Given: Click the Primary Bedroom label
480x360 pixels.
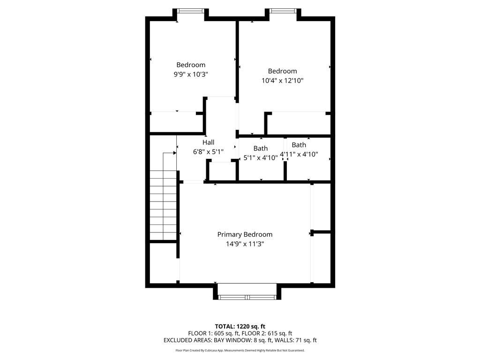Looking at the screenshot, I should pyautogui.click(x=245, y=234).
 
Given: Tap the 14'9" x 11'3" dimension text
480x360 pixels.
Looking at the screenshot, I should pyautogui.click(x=245, y=244).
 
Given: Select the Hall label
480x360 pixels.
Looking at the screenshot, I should pyautogui.click(x=209, y=142).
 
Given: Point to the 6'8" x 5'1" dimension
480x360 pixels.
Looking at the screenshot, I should pyautogui.click(x=209, y=152).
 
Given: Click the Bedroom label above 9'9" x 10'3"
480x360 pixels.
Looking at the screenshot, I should pyautogui.click(x=191, y=65).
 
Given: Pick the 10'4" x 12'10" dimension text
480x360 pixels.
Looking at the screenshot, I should pyautogui.click(x=283, y=81).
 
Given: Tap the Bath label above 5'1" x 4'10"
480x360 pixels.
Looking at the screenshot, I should pyautogui.click(x=261, y=149).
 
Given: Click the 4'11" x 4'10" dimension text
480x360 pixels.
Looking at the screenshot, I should pyautogui.click(x=299, y=154).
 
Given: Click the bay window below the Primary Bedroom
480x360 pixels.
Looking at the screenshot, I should pyautogui.click(x=247, y=297).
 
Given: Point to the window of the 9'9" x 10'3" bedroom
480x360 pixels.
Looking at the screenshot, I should pyautogui.click(x=190, y=10).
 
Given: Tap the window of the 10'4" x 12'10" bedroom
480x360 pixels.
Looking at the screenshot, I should pyautogui.click(x=283, y=10).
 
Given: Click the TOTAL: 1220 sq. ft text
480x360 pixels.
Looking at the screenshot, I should pyautogui.click(x=240, y=326).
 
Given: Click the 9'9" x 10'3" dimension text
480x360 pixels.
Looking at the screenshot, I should pyautogui.click(x=191, y=74).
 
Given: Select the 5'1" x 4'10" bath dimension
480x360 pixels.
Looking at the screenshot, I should pyautogui.click(x=261, y=158).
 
